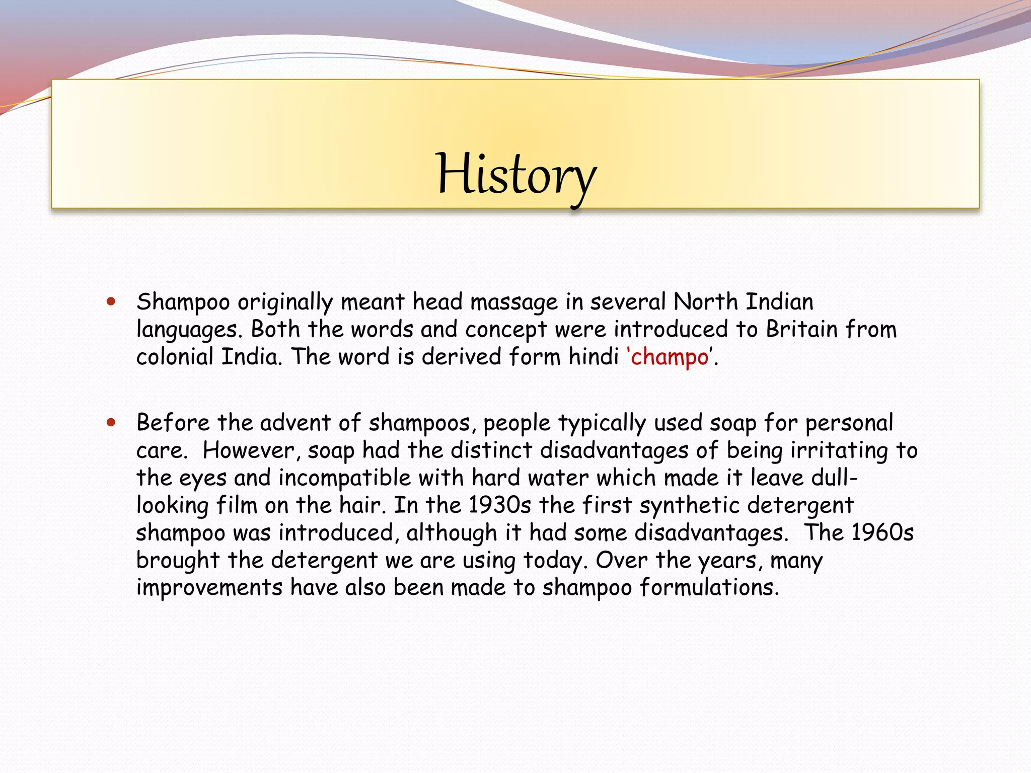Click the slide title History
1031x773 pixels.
point(516,175)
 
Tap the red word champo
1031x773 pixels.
point(670,357)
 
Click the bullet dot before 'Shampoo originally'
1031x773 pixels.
point(111,302)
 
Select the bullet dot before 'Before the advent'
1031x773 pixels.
point(111,423)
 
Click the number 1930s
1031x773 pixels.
point(499,505)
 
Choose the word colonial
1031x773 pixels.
point(175,357)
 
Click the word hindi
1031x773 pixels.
point(594,357)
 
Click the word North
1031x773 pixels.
point(706,302)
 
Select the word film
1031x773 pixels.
point(237,505)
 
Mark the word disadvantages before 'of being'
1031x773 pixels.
point(614,450)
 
